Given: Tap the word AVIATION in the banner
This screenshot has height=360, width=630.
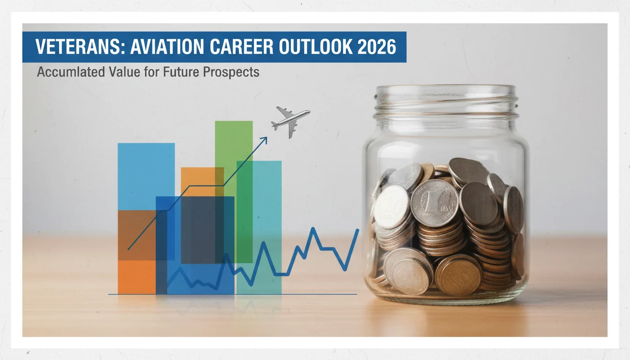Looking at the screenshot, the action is click(x=167, y=47).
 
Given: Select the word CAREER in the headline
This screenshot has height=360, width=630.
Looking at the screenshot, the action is click(x=241, y=47).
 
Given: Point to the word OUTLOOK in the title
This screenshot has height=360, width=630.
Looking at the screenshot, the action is click(x=315, y=47).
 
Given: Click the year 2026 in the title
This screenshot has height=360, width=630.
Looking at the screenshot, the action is click(x=377, y=47).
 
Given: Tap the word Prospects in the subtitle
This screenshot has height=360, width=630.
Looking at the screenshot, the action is click(x=231, y=72).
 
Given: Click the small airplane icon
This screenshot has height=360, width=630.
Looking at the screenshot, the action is click(x=290, y=121).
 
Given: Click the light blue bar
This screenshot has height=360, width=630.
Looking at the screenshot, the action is click(x=146, y=176).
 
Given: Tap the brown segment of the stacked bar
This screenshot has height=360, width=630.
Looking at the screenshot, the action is click(x=137, y=235).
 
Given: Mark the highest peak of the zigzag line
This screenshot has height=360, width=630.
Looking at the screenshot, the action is click(x=313, y=228).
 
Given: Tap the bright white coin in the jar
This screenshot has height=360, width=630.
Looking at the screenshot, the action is click(x=391, y=206).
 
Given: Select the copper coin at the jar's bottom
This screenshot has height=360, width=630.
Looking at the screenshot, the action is click(x=458, y=275).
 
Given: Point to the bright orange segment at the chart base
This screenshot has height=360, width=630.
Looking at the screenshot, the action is click(x=137, y=277).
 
